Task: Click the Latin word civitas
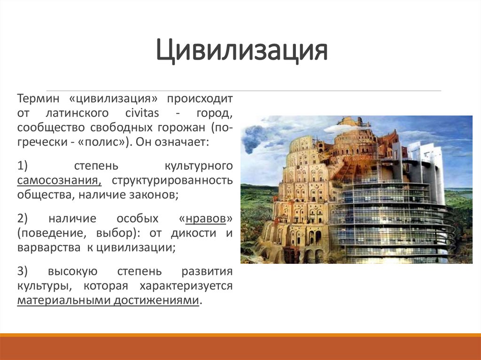click(142, 114)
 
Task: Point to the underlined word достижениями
click(156, 301)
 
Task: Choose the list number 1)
click(23, 167)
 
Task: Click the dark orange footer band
click(240, 348)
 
